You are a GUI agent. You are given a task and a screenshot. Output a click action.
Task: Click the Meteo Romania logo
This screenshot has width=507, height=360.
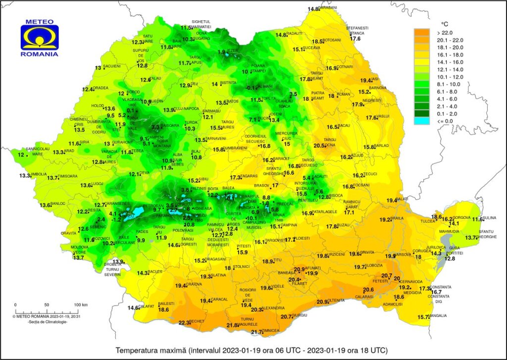(x=40, y=37)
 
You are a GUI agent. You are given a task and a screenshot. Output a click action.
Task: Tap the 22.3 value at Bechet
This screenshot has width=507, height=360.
(x=184, y=322)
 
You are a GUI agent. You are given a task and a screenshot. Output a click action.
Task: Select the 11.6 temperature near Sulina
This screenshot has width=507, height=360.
(x=477, y=219)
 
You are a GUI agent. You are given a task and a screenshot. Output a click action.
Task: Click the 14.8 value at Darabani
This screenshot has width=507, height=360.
(x=313, y=9)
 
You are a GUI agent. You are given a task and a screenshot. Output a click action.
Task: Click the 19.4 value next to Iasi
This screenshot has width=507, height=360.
(x=365, y=80)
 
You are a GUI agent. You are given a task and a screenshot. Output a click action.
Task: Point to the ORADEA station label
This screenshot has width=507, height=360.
(x=100, y=89)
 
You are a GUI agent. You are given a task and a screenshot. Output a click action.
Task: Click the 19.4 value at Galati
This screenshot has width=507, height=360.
(x=392, y=200)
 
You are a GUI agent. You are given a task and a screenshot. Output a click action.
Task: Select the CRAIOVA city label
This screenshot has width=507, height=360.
(x=195, y=284)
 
